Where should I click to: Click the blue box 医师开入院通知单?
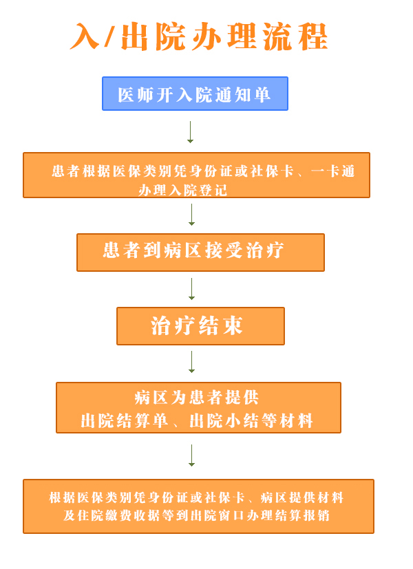[x=195, y=94]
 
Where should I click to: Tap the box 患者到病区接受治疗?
[x=200, y=252]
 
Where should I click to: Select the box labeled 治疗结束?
[x=200, y=325]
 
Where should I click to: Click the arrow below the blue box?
[x=191, y=132]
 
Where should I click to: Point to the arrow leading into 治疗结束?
[x=191, y=289]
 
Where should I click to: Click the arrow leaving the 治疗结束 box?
[x=191, y=362]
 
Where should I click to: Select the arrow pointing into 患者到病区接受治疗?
[x=191, y=215]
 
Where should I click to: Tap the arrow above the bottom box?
[x=191, y=455]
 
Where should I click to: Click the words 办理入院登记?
[x=182, y=190]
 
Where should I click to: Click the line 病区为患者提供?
[x=197, y=397]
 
